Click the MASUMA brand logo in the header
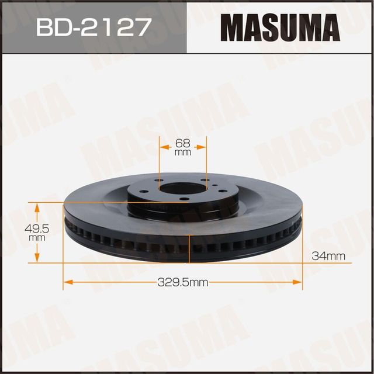[279, 27]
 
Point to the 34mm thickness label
[329, 255]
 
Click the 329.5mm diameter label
[183, 283]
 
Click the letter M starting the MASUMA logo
[233, 27]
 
